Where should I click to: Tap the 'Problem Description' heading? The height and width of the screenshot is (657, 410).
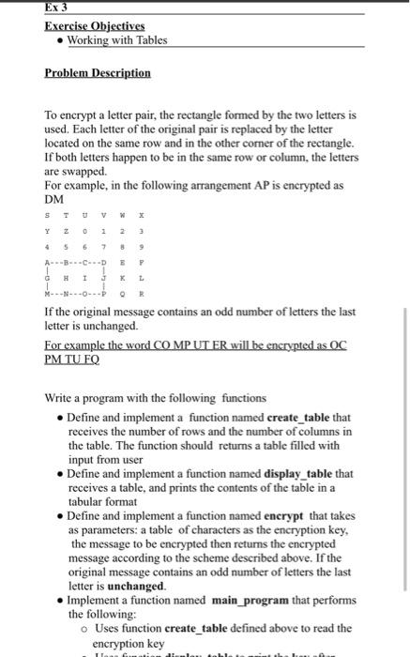(x=97, y=72)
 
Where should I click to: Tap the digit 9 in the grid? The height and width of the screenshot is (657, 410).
(x=142, y=249)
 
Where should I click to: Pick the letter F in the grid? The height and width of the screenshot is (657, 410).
(x=142, y=266)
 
